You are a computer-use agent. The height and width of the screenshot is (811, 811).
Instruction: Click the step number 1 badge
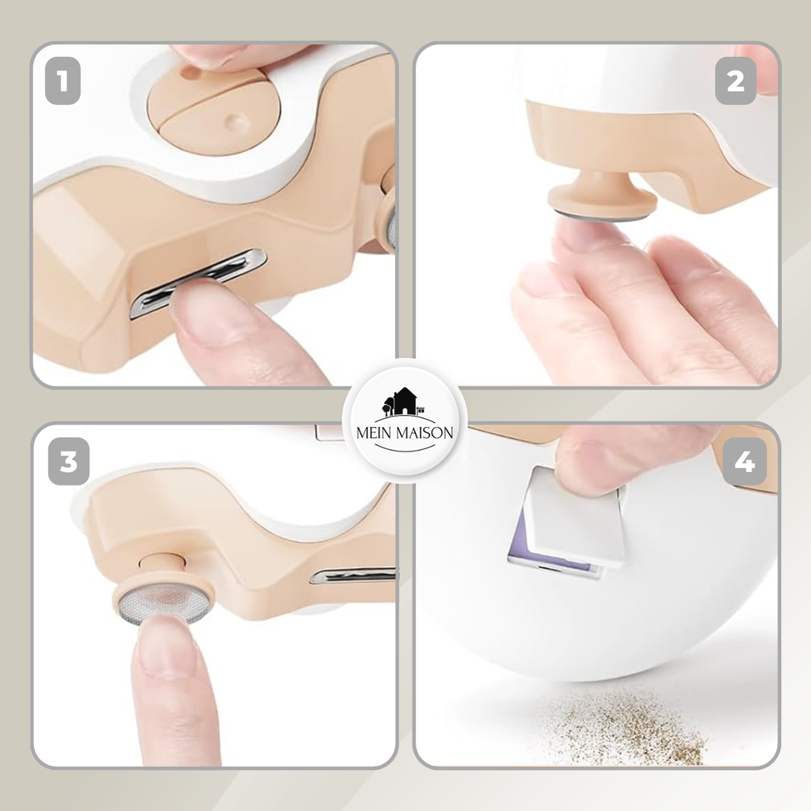coord(63,82)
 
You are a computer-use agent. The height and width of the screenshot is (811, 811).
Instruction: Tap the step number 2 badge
coord(736,82)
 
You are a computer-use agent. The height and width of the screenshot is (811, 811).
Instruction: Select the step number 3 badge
coord(69,462)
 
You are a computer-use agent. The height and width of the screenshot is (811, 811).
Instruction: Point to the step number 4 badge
coord(744,462)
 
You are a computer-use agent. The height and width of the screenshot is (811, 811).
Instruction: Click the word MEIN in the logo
coord(374,433)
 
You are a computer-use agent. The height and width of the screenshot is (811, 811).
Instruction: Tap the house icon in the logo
coord(403,402)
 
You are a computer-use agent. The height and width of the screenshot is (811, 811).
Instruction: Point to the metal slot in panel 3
coord(352,575)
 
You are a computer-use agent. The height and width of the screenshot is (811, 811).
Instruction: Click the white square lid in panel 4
coord(573,516)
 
